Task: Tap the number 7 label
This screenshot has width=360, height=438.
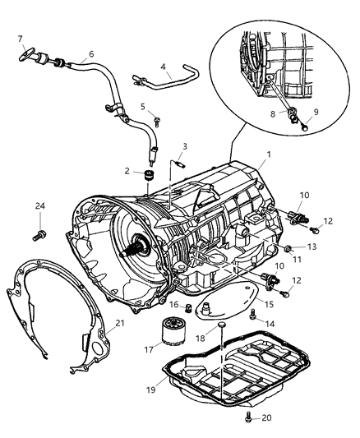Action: pyautogui.click(x=21, y=39)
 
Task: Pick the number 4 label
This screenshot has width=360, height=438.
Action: pyautogui.click(x=164, y=68)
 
